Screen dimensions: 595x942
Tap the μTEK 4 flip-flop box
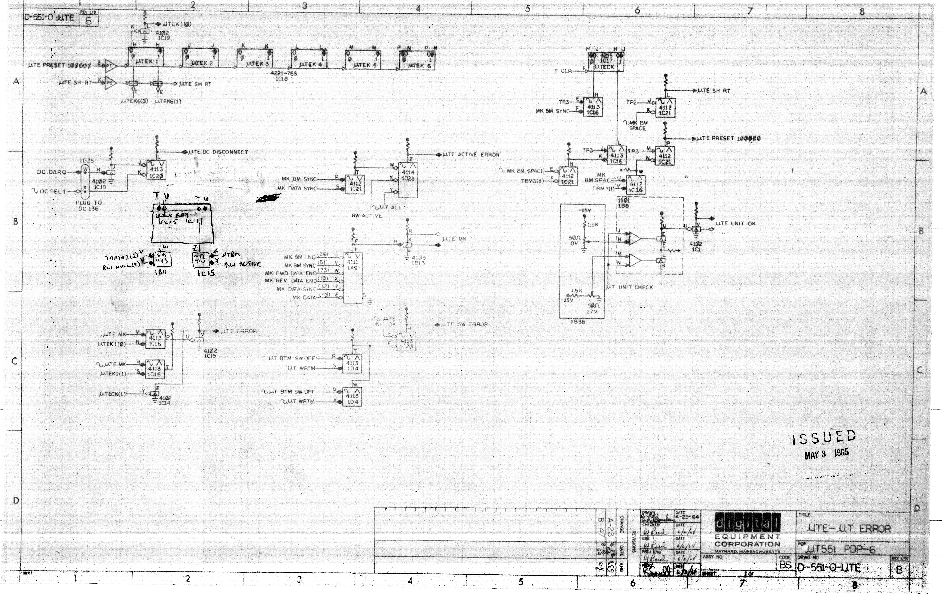point(309,60)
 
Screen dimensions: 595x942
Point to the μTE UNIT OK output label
point(735,224)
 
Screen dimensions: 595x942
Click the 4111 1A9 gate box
point(352,278)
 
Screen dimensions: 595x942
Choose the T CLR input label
point(563,71)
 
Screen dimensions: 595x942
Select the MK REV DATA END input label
point(291,281)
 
